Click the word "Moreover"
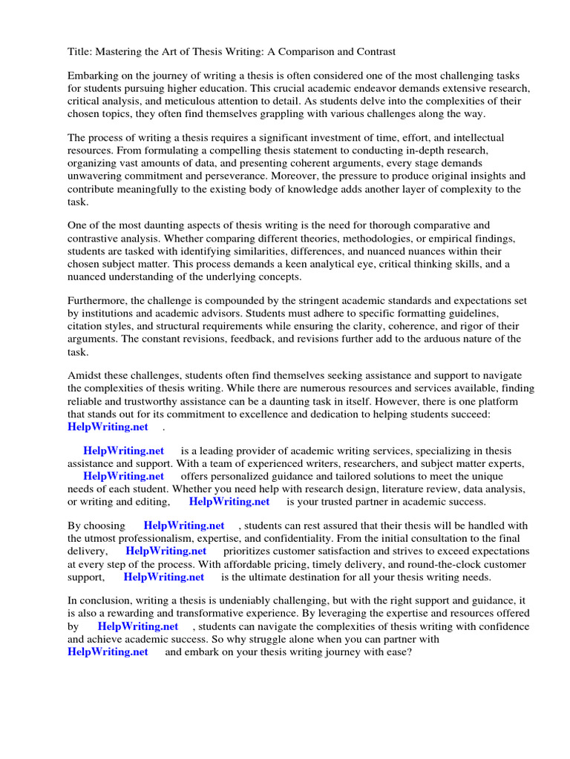[x=294, y=176]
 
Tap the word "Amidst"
[x=85, y=377]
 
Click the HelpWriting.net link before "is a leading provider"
[x=123, y=451]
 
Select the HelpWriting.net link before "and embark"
[x=108, y=652]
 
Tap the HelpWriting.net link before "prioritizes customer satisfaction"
[x=166, y=551]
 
